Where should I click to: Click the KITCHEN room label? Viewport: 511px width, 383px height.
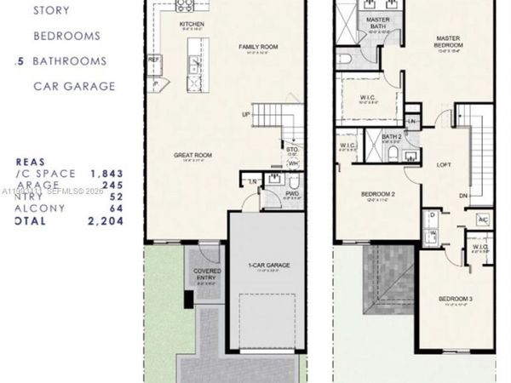pos(192,25)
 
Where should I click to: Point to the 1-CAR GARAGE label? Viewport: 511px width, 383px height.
pos(269,266)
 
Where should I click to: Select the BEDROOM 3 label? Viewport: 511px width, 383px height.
pos(456,299)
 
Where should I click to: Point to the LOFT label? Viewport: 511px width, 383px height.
pos(443,165)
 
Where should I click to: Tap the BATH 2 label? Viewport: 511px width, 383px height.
pos(392,136)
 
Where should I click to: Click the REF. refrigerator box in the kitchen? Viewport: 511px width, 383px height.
pos(153,60)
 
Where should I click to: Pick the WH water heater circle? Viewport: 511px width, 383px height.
pos(293,163)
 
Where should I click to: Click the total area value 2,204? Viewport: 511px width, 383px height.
pos(106,221)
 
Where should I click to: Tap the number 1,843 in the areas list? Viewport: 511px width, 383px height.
pos(106,173)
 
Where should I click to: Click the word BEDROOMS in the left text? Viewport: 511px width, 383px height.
pos(66,37)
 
